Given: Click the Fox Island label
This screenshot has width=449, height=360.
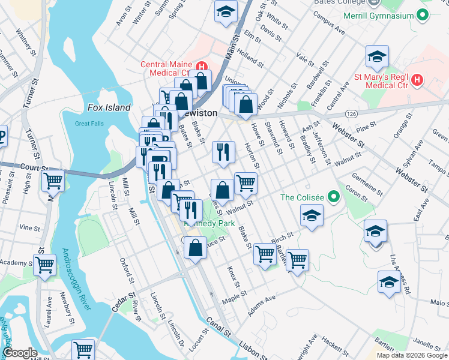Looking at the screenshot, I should pyautogui.click(x=109, y=107).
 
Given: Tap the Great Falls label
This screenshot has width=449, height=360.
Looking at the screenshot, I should pyautogui.click(x=90, y=124).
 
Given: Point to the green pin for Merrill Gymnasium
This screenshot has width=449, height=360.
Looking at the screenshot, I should pyautogui.click(x=423, y=16).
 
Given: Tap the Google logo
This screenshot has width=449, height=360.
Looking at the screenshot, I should pyautogui.click(x=20, y=353).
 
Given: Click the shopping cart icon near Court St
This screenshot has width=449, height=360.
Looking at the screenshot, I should pyautogui.click(x=54, y=179).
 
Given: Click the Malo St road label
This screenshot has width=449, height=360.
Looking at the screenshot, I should pyautogui.click(x=439, y=304).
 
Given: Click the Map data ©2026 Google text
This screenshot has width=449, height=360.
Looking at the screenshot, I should pyautogui.click(x=411, y=355).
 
